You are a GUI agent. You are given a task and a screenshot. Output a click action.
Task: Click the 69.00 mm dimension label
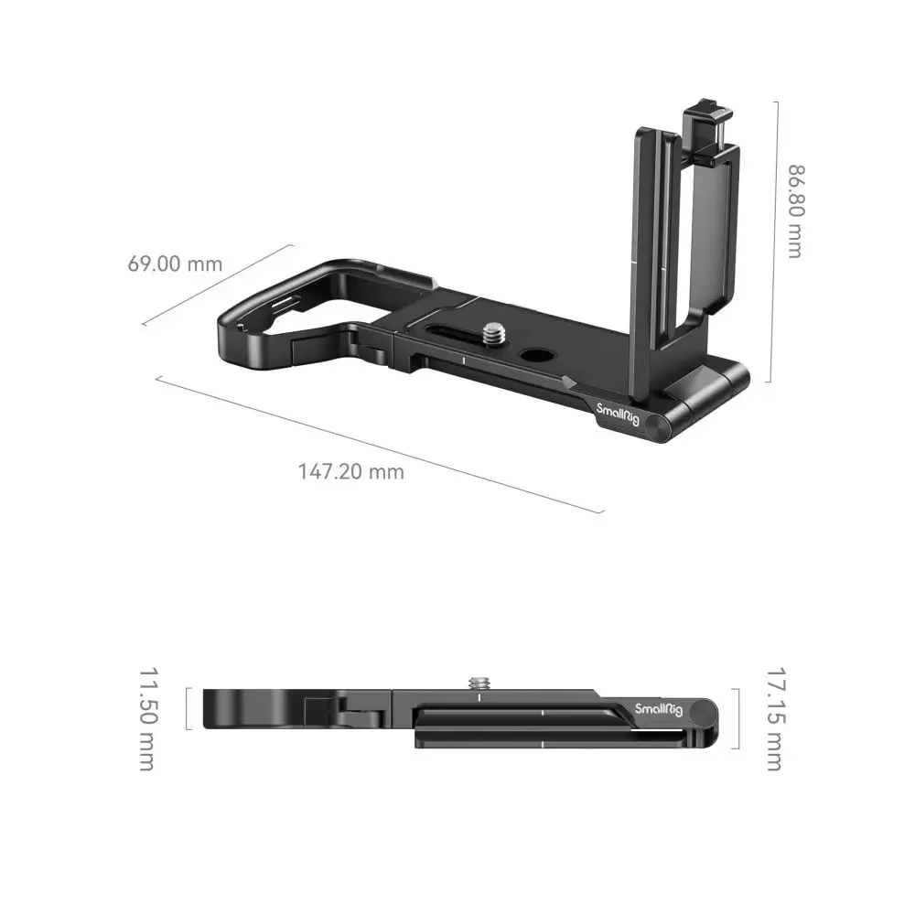[175, 264]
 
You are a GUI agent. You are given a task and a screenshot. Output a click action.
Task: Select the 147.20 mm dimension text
[350, 472]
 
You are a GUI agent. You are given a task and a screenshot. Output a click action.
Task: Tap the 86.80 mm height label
[794, 211]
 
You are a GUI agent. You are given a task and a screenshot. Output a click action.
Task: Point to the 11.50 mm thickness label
[147, 718]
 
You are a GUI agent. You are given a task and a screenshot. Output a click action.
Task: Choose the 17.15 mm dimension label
[773, 719]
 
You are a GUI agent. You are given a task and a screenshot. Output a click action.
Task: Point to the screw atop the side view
[478, 684]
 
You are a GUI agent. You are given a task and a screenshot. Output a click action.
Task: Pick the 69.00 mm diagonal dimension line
[218, 284]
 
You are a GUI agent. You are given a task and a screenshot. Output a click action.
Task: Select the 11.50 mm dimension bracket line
[187, 708]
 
